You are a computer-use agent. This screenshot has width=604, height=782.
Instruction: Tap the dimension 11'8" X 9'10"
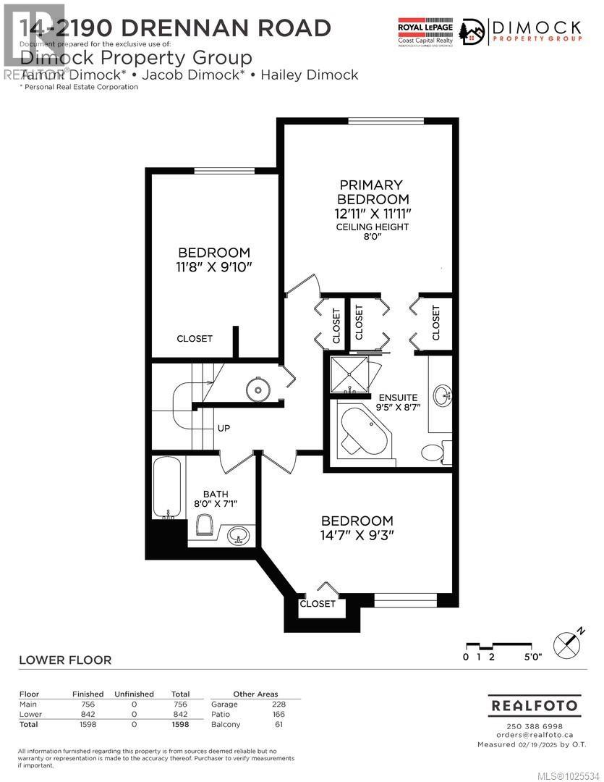pyautogui.click(x=214, y=266)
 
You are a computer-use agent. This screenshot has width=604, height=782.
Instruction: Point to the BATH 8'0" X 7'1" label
pyautogui.click(x=216, y=499)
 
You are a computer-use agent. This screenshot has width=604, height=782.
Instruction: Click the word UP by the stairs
pyautogui.click(x=224, y=429)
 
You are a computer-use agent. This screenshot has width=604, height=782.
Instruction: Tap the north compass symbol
pyautogui.click(x=567, y=644)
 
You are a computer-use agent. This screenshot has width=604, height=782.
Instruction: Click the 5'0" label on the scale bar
pyautogui.click(x=532, y=657)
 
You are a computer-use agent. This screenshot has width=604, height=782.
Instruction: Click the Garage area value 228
pyautogui.click(x=278, y=704)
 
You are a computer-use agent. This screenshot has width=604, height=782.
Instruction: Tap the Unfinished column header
pyautogui.click(x=134, y=694)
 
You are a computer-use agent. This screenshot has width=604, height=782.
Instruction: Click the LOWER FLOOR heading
pyautogui.click(x=64, y=660)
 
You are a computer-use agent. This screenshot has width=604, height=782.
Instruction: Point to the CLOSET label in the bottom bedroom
pyautogui.click(x=318, y=603)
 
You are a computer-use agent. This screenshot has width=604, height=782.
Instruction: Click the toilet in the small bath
pyautogui.click(x=203, y=525)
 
